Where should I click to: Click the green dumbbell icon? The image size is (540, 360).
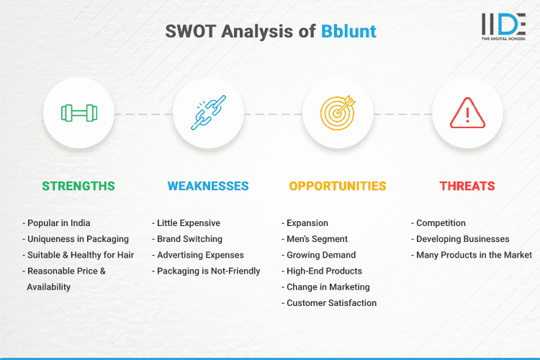[x=78, y=114]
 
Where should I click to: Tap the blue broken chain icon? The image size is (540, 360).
[x=208, y=114]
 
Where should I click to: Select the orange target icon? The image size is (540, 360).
[x=338, y=114]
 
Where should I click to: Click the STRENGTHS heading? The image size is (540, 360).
[x=78, y=186]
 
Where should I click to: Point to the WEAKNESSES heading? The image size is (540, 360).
[x=208, y=186]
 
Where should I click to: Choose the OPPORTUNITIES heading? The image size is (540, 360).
[x=338, y=186]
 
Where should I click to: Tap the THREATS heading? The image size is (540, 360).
[x=467, y=186]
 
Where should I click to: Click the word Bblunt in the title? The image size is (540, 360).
[x=348, y=32]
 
